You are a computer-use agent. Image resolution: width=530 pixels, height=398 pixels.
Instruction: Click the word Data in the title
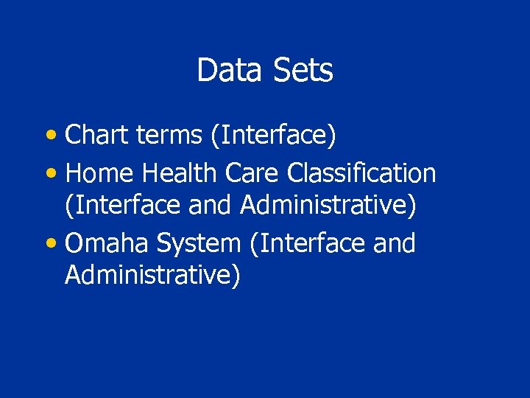(x=221, y=71)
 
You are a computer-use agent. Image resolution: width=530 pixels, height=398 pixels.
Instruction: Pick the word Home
(x=99, y=173)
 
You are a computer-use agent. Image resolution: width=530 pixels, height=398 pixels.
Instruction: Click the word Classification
(x=361, y=173)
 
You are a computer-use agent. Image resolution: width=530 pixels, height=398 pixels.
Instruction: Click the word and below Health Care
(x=211, y=206)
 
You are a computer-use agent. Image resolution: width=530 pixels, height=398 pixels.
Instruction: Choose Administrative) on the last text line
(x=152, y=275)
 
